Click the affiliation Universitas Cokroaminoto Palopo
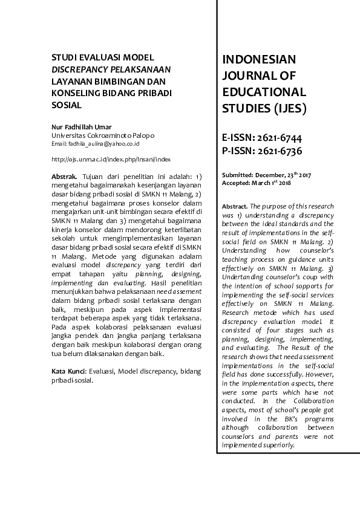(103, 135)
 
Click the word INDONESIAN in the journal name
(259, 59)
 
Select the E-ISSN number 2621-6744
(281, 137)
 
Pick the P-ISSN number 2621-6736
(281, 151)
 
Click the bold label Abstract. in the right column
(235, 206)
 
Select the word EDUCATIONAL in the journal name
(264, 92)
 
